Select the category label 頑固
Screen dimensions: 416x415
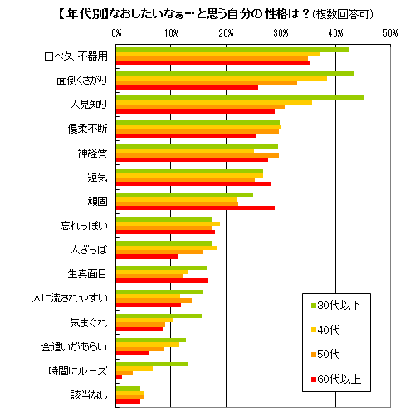tap(98, 201)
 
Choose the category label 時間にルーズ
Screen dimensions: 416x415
tap(81, 370)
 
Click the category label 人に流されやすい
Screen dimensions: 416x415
tap(71, 297)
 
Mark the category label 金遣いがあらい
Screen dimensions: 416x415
tap(76, 346)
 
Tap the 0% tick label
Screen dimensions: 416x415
tap(116, 32)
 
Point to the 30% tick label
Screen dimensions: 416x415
tap(281, 32)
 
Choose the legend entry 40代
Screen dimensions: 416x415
tap(331, 330)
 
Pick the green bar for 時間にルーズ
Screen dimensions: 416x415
tap(151, 364)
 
